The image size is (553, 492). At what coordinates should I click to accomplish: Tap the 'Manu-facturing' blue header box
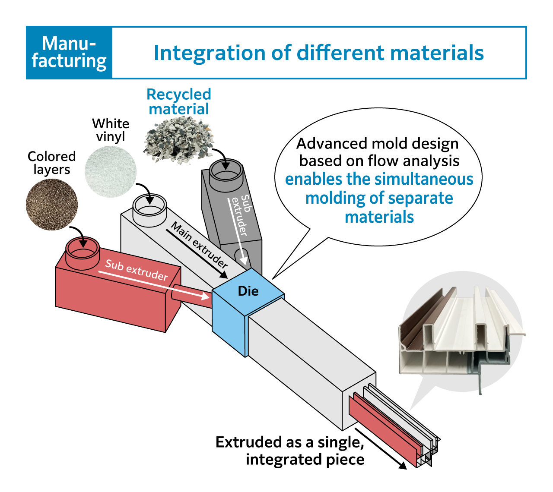click(x=69, y=53)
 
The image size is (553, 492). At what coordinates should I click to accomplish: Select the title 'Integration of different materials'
click(x=318, y=53)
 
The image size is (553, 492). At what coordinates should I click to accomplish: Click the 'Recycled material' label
click(x=178, y=101)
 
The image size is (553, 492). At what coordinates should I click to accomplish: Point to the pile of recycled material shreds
click(x=178, y=139)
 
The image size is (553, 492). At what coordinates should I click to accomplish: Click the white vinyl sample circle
click(x=111, y=171)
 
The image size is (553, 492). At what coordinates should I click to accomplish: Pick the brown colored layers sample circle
click(x=52, y=205)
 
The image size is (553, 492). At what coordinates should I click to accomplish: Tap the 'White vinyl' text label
click(x=111, y=130)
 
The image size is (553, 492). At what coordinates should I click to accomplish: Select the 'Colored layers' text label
click(x=51, y=163)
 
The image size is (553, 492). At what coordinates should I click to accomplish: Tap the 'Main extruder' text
click(x=199, y=245)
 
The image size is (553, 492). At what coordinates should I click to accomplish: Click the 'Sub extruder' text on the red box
click(x=137, y=270)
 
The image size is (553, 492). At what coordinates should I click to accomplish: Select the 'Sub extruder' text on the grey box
click(x=240, y=215)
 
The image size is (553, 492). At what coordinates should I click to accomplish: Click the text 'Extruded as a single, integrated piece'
click(x=290, y=451)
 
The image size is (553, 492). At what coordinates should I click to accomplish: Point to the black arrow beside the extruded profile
click(x=381, y=449)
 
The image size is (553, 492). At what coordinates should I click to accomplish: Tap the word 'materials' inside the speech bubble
click(x=379, y=217)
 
